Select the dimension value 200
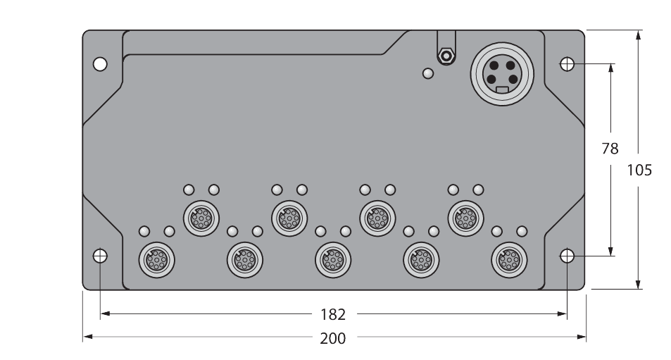point(332,338)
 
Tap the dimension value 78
point(610,149)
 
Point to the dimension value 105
point(639,170)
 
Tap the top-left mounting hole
point(100,65)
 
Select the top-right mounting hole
point(567,65)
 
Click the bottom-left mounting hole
point(100,255)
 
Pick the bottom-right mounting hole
point(567,255)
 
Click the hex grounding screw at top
point(444,55)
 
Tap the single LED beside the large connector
point(427,73)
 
